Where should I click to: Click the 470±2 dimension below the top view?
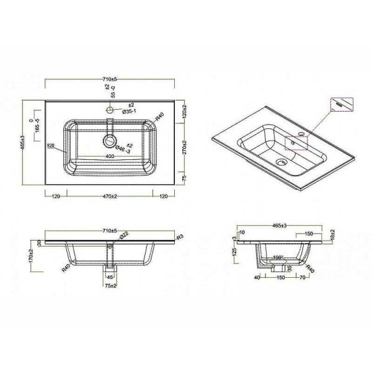[110, 197]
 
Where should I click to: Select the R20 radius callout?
[51, 146]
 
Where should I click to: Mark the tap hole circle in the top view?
[110, 110]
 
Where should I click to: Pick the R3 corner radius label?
[180, 237]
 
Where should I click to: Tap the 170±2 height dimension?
[32, 254]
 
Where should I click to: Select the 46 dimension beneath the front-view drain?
[110, 277]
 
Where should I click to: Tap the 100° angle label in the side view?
[277, 256]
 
